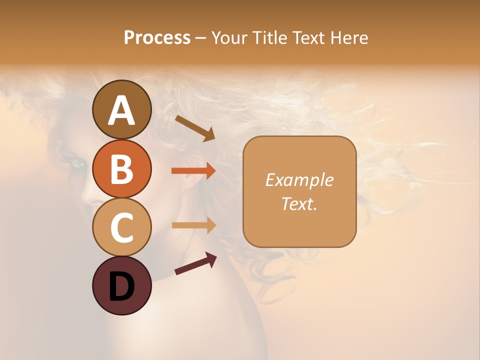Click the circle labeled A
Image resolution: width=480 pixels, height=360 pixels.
tap(121, 109)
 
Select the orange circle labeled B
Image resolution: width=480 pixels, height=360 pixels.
tap(121, 168)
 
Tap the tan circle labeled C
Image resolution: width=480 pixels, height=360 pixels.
tap(121, 227)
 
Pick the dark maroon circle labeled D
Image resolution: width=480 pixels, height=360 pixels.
tap(121, 285)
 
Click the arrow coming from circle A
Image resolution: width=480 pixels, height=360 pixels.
tap(195, 128)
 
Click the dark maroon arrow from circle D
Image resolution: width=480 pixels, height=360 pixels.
tap(195, 264)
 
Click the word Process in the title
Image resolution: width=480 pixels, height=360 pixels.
tap(157, 37)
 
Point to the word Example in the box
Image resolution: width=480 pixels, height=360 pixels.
tap(299, 180)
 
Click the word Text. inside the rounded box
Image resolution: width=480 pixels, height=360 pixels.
tap(299, 203)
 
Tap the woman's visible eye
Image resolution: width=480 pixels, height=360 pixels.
tap(78, 163)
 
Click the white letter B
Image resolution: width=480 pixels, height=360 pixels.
tap(121, 168)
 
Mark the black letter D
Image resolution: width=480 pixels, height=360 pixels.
tap(121, 287)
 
